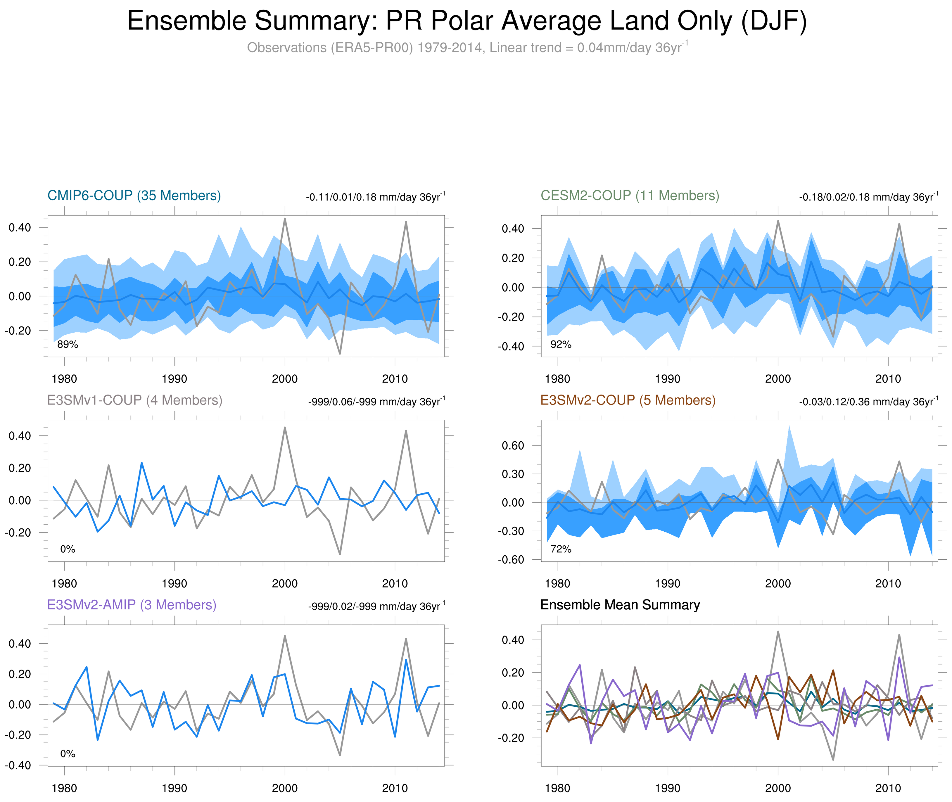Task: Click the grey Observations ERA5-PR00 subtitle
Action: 467,48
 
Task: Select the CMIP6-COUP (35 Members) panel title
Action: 134,196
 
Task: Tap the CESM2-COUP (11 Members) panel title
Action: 630,196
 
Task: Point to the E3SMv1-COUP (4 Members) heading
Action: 134,400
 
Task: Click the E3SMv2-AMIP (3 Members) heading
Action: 132,605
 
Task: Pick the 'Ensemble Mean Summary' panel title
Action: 620,605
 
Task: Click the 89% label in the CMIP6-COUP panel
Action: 68,345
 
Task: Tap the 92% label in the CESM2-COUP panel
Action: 561,345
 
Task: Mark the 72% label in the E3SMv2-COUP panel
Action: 561,549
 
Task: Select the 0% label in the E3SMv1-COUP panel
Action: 68,549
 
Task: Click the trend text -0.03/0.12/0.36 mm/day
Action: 868,402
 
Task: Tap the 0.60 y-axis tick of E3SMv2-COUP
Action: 513,445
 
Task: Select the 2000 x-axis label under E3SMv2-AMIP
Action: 285,788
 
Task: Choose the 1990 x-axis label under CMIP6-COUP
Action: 174,379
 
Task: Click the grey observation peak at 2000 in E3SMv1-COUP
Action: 285,427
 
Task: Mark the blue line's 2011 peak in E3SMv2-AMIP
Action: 406,660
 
